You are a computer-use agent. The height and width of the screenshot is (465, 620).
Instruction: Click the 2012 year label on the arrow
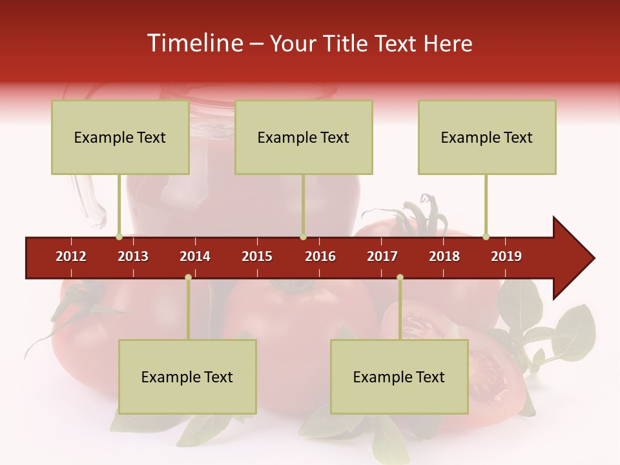(71, 256)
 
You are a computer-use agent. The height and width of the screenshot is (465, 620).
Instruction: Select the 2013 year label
(133, 256)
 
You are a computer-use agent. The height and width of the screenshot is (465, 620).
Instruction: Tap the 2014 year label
(195, 256)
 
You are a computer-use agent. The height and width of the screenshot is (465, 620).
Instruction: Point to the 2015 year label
(257, 256)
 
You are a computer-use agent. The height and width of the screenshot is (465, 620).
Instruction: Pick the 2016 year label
(320, 256)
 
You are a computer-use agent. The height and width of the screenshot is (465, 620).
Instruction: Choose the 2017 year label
(382, 256)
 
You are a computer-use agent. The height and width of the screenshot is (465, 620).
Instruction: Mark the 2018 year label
(444, 256)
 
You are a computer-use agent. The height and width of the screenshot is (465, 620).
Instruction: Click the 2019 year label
(506, 256)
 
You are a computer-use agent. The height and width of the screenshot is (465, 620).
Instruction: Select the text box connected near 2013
(120, 138)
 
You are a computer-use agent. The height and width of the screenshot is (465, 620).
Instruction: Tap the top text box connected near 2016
(304, 138)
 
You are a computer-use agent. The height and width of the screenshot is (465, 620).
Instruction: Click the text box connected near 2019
(487, 138)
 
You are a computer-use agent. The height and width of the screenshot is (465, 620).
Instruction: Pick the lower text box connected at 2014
(187, 377)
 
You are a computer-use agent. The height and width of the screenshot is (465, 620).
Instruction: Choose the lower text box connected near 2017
(399, 377)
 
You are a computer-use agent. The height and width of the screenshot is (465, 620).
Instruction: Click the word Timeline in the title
(194, 43)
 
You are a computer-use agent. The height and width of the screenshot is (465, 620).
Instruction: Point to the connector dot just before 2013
(119, 236)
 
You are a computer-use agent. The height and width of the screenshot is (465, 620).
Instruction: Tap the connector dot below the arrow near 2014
(188, 278)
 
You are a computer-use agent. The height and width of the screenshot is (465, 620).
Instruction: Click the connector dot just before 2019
(486, 236)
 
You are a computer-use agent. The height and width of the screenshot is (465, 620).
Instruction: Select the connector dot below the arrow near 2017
(400, 278)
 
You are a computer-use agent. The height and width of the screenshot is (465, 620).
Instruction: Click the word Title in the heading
(346, 43)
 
